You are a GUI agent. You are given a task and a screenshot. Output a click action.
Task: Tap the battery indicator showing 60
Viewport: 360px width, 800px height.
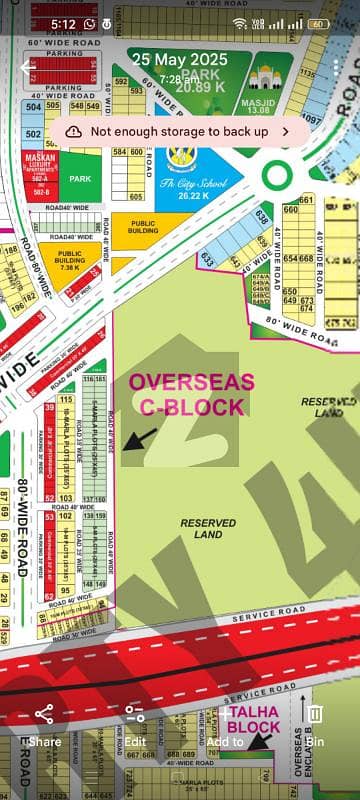[319, 22]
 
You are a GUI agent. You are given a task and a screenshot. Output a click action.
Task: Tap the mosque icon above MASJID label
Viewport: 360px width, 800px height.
[265, 78]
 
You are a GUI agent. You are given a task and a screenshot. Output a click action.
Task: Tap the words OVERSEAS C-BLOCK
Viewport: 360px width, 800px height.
[186, 395]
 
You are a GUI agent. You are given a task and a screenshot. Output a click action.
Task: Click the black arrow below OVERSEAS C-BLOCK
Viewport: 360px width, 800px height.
[141, 437]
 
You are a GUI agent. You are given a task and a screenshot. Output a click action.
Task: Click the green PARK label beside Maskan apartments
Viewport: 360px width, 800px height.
[81, 178]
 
